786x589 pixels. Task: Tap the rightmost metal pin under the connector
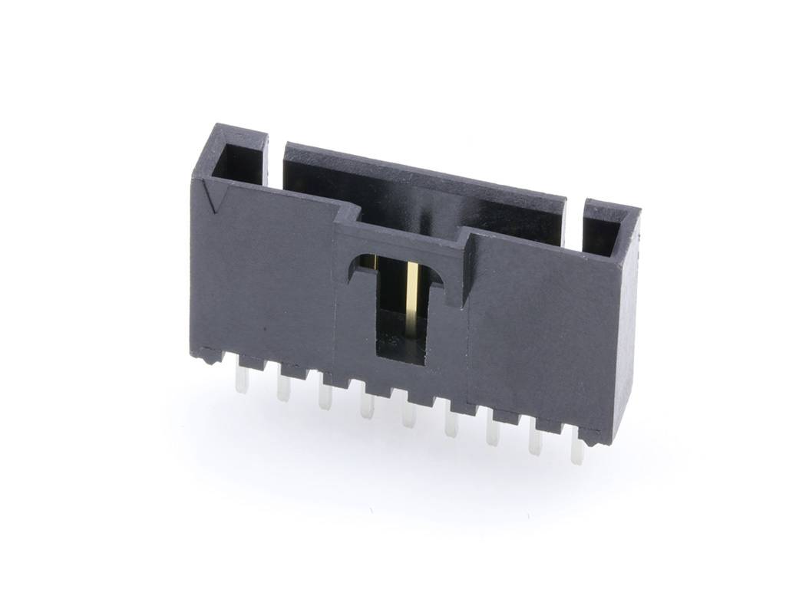point(577,452)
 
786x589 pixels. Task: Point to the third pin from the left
point(325,397)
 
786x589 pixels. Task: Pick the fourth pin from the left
point(367,406)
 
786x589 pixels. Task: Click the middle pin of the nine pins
point(409,415)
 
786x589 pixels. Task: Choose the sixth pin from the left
point(451,425)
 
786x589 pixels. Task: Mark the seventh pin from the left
point(493,434)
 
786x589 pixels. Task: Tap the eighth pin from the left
point(535,443)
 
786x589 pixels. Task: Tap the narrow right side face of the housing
point(626,330)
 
